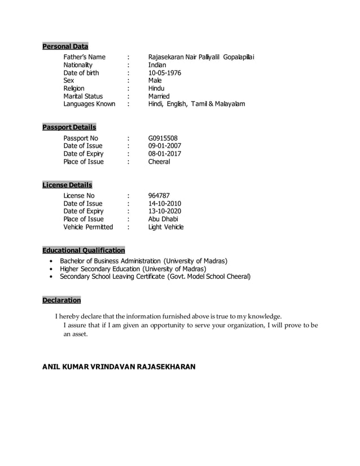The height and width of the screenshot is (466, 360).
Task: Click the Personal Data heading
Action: (65, 46)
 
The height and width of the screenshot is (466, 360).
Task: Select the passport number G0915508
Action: (163, 138)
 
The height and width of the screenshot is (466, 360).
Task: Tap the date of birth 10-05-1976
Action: (165, 73)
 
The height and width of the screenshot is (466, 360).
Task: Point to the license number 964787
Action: (159, 196)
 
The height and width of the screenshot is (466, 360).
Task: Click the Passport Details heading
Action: (69, 127)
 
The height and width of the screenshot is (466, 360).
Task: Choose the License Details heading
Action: (67, 185)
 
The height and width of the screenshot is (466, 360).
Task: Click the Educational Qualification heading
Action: (84, 250)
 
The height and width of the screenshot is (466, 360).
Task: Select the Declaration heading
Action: (62, 300)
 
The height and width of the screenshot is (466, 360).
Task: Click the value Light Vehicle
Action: (165, 227)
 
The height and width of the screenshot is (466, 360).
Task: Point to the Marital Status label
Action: (83, 96)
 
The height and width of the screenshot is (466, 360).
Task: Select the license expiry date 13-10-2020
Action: (165, 212)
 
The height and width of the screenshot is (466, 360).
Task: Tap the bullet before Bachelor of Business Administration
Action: (51, 262)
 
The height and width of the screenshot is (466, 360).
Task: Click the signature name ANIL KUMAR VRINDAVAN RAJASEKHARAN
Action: (119, 367)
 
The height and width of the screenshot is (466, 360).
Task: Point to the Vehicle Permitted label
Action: (88, 227)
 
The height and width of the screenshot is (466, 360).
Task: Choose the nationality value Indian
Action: (157, 65)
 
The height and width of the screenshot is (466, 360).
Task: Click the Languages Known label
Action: (89, 104)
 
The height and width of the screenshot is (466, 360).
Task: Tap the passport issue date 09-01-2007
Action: (165, 146)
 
